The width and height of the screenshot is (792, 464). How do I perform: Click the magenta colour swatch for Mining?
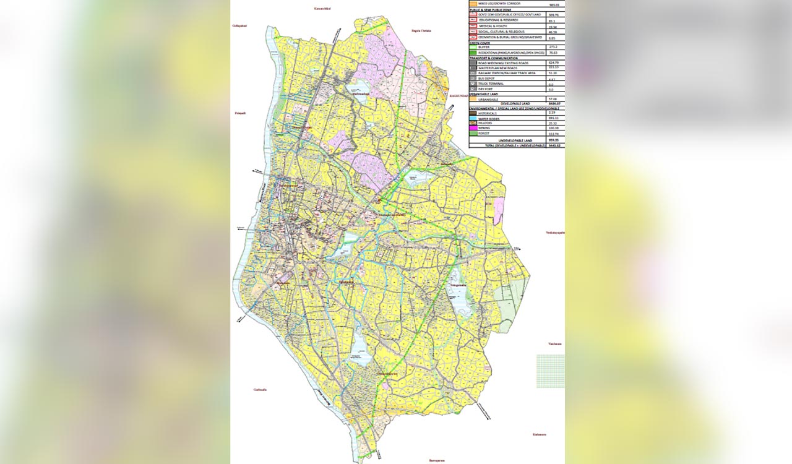pyautogui.click(x=473, y=128)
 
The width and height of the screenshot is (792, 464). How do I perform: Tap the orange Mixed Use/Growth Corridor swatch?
pyautogui.click(x=473, y=4)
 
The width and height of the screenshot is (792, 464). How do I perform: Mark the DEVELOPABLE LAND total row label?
pyautogui.click(x=507, y=103)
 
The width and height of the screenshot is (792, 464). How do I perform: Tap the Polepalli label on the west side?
pyautogui.click(x=240, y=114)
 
